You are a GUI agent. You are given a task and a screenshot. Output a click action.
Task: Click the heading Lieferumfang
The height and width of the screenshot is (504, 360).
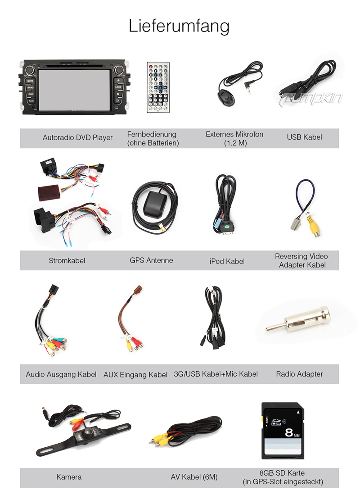179,26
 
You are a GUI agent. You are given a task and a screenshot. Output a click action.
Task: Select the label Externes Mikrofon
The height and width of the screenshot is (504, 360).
234,134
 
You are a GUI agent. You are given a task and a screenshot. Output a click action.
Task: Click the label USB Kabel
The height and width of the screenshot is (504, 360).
304,137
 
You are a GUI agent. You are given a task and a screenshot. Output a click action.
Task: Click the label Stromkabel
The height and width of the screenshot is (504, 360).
67,260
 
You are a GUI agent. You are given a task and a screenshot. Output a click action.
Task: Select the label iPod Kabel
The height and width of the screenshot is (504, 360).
227,261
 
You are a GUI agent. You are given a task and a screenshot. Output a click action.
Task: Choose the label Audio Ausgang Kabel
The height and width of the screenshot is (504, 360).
61,374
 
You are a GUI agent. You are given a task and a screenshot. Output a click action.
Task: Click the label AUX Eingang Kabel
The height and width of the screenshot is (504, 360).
135,375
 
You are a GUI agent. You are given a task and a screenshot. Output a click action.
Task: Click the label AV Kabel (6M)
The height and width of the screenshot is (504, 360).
194,477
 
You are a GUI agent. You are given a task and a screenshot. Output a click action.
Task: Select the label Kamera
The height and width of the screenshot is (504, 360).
69,477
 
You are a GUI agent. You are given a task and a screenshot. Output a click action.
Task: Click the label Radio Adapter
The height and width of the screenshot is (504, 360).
299,374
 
